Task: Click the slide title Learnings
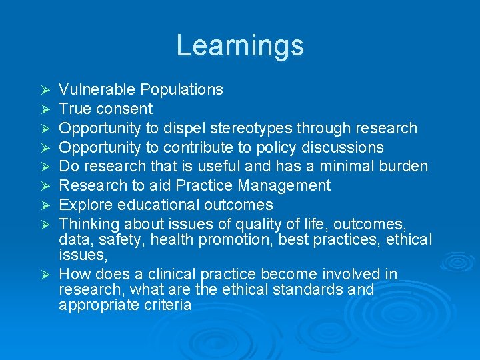coord(240,45)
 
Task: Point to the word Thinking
coord(86,224)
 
